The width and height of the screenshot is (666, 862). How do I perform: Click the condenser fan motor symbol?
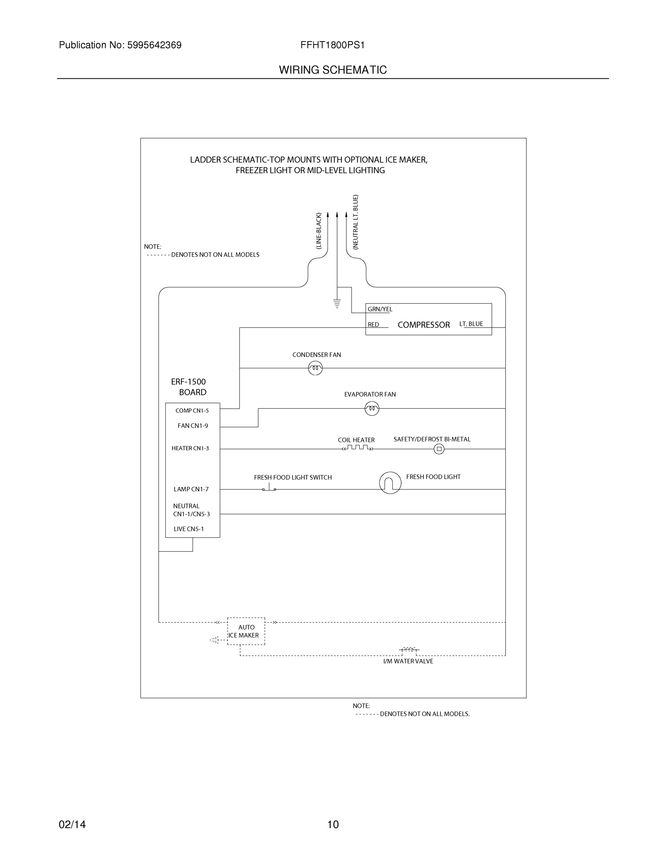(x=315, y=368)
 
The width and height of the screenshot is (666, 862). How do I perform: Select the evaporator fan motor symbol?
(x=372, y=408)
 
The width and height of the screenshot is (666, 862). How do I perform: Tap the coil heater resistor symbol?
(x=358, y=448)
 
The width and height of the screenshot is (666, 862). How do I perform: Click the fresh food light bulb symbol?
(x=390, y=483)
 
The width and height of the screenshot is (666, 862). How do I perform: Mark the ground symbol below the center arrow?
(x=337, y=303)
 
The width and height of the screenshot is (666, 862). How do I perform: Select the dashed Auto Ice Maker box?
(x=246, y=631)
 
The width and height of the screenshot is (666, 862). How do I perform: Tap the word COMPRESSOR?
(x=423, y=325)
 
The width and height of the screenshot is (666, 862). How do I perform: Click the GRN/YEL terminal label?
(x=379, y=309)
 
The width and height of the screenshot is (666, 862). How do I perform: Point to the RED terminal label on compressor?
(x=373, y=324)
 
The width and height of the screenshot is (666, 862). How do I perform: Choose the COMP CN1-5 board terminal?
(x=192, y=411)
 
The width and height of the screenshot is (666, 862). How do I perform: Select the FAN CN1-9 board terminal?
(x=192, y=426)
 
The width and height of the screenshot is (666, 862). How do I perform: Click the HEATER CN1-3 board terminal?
(x=190, y=448)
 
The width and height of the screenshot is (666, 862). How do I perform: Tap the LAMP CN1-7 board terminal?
(x=191, y=489)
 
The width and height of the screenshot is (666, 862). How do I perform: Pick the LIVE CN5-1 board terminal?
(x=188, y=529)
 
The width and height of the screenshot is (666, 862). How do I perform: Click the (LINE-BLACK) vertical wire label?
(x=319, y=231)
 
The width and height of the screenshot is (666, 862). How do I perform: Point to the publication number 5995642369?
(x=154, y=45)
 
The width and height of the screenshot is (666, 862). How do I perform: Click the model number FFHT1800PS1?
(x=332, y=45)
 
